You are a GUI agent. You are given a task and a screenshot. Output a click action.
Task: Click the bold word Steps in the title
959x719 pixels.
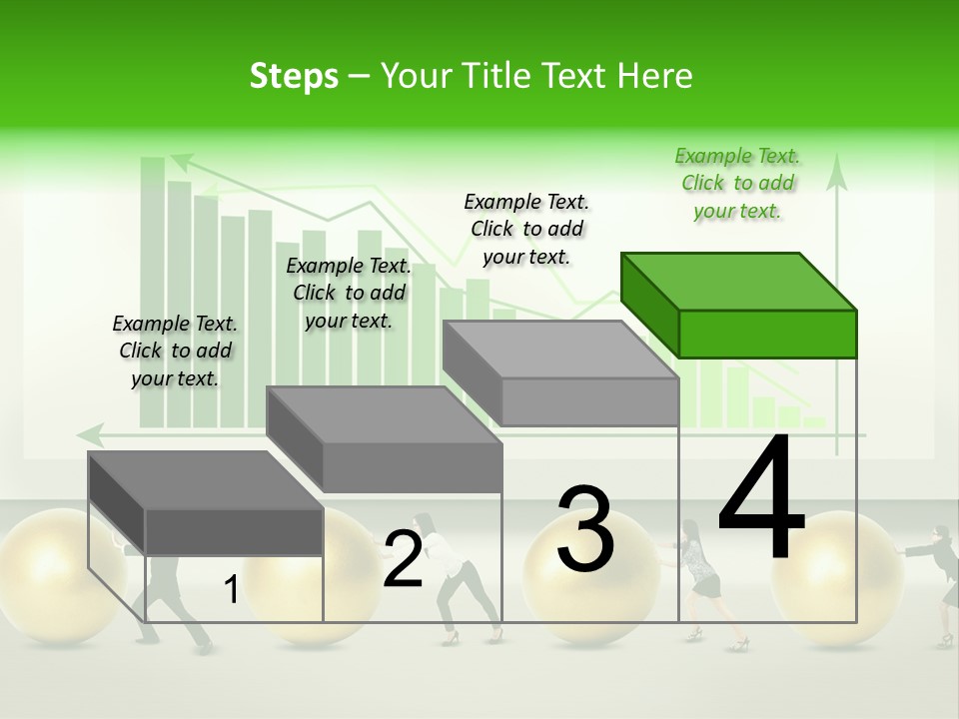(x=294, y=76)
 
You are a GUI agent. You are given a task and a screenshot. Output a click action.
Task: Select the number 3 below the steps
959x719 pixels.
(x=585, y=528)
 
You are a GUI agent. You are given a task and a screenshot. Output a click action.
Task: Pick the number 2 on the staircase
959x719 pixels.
(x=403, y=560)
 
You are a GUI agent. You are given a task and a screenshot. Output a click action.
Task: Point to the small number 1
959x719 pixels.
(x=231, y=590)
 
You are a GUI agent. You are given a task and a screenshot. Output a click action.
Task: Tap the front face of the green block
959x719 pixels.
(x=767, y=334)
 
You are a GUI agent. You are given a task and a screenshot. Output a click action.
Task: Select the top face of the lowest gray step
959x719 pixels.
(x=206, y=479)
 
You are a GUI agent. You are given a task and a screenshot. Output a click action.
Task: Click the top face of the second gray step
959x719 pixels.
(x=384, y=414)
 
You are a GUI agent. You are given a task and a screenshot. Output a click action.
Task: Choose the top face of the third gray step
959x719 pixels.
(x=560, y=349)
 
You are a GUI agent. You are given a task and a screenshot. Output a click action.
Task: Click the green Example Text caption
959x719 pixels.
(x=737, y=184)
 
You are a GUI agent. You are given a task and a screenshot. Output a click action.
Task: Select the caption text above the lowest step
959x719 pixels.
(x=175, y=351)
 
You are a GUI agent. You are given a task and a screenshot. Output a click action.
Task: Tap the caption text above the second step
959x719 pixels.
(x=348, y=293)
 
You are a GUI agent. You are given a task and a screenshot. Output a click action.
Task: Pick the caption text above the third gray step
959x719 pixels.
(x=526, y=229)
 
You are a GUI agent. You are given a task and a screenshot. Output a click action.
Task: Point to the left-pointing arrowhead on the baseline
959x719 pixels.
(x=91, y=434)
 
